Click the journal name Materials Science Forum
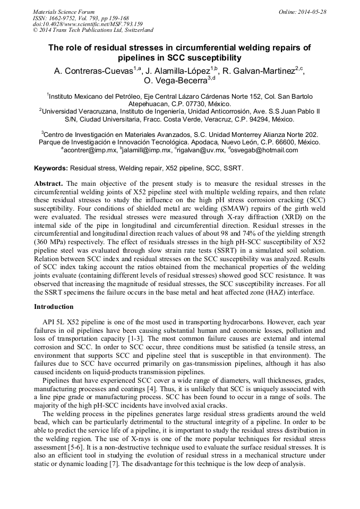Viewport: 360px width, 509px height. click(64, 11)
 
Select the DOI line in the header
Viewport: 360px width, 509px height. click(88, 24)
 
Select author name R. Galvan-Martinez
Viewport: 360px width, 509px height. click(259, 71)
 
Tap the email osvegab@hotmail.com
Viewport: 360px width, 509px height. click(265, 150)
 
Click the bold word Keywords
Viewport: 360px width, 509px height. click(51, 168)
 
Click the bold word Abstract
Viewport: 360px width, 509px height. click(48, 183)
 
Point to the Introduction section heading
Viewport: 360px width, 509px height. click(54, 307)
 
